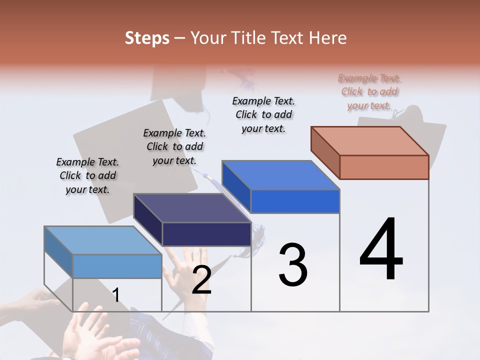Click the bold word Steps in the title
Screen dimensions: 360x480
tap(147, 38)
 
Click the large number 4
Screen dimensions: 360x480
tap(381, 250)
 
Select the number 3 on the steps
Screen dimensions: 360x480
tap(292, 265)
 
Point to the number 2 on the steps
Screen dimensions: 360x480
tap(201, 280)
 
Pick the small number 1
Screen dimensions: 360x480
tap(115, 295)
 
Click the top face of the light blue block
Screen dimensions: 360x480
tap(103, 240)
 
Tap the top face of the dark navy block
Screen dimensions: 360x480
tap(192, 208)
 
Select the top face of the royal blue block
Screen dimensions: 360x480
tap(280, 175)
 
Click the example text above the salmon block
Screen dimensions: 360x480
tap(369, 92)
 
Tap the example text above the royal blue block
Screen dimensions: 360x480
tap(263, 114)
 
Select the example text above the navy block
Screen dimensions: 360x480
tap(174, 146)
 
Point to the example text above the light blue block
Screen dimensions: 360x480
tap(87, 175)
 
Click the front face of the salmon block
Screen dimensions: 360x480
tap(384, 167)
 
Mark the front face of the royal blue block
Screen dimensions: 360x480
tap(295, 201)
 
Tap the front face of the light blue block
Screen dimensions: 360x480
tap(117, 266)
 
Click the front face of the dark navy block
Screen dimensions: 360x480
tap(206, 234)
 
